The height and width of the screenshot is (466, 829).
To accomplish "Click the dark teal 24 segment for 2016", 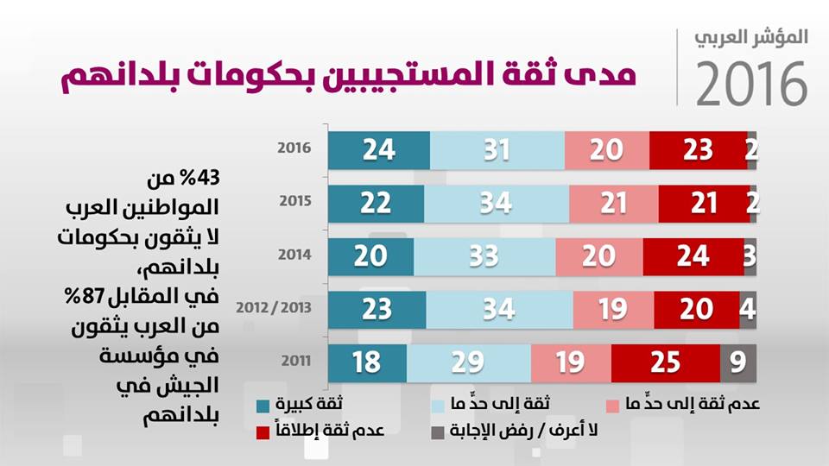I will coord(378,150).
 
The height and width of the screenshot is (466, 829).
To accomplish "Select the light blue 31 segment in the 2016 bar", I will coord(497,150).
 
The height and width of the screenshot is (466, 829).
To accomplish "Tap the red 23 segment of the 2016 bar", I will coord(698,150).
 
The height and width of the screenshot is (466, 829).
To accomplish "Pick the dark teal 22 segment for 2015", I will coord(376,203).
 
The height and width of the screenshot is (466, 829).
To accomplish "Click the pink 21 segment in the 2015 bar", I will coord(613,203).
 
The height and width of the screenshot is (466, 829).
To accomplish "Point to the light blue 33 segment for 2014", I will coord(484,255).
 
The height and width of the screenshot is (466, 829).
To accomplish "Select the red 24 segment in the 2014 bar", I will coord(693,255).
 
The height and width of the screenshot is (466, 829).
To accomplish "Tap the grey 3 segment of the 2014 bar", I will coord(750,255).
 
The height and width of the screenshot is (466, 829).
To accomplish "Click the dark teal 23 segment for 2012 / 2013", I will coord(377,308).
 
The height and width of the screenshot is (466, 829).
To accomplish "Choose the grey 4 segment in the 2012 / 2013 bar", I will coord(748,308).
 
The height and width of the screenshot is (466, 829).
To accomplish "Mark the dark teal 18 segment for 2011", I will coord(367,362).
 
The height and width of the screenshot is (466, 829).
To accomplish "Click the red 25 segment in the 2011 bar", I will coord(666,362).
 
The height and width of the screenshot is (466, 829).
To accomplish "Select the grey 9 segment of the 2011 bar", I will coord(738,362).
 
